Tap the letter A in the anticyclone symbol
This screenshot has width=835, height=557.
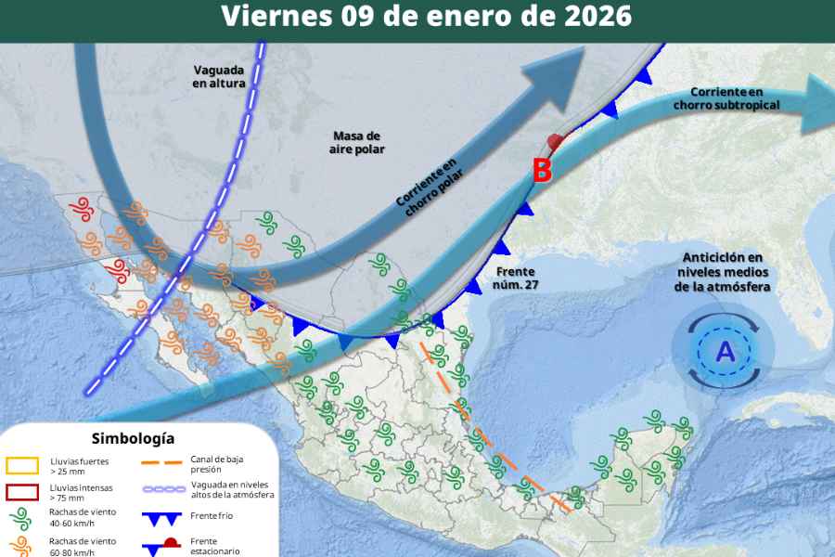(x=724, y=352)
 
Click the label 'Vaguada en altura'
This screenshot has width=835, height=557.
(x=219, y=76)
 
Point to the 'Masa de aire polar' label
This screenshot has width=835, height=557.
(x=357, y=142)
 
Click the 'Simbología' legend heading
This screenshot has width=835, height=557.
(x=133, y=438)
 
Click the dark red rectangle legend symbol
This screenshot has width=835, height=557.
(x=21, y=491)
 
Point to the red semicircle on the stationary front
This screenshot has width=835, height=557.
(x=555, y=141)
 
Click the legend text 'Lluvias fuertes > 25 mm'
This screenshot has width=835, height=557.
(x=82, y=465)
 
